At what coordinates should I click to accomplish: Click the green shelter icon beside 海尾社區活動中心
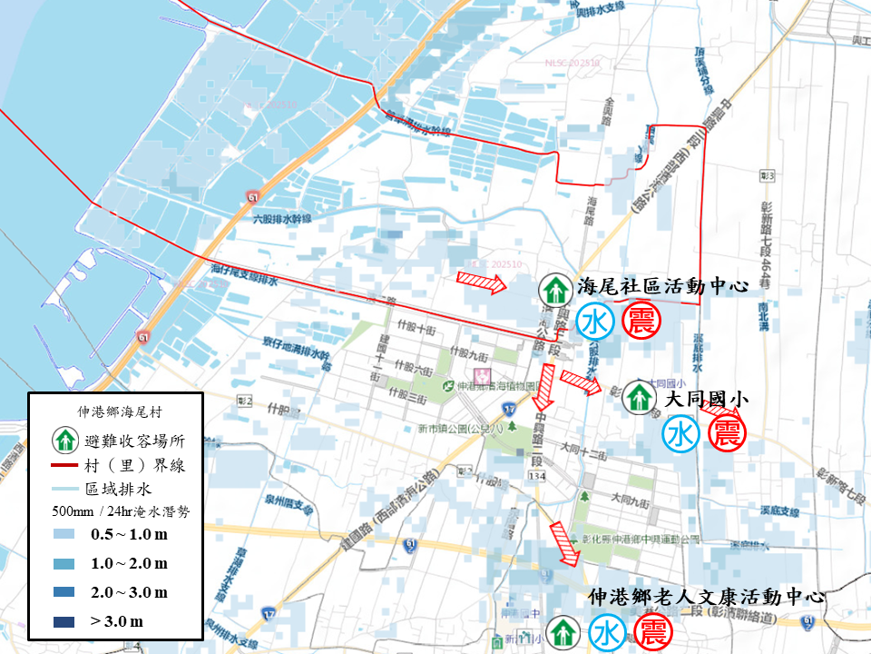pyautogui.click(x=553, y=290)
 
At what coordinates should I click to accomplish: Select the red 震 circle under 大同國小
pyautogui.click(x=727, y=433)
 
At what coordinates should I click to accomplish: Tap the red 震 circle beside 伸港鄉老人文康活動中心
pyautogui.click(x=651, y=633)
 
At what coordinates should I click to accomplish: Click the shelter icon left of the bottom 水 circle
pyautogui.click(x=563, y=631)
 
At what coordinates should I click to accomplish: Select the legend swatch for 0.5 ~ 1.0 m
pyautogui.click(x=64, y=534)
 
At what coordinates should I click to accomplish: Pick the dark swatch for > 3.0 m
pyautogui.click(x=64, y=621)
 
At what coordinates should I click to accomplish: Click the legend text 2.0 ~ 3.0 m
pyautogui.click(x=129, y=592)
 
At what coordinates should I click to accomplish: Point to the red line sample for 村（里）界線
pyautogui.click(x=64, y=465)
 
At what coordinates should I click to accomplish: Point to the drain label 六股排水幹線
pyautogui.click(x=282, y=219)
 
